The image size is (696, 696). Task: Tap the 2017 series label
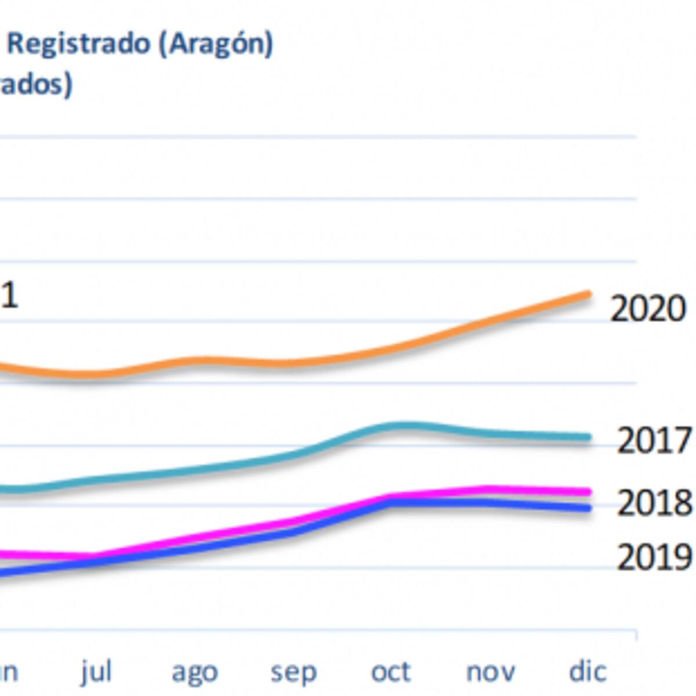[x=654, y=440]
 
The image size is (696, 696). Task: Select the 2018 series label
[x=654, y=503]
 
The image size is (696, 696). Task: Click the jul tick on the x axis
[x=96, y=672]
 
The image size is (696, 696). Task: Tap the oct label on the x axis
[x=391, y=672]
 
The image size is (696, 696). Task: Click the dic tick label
[x=588, y=671]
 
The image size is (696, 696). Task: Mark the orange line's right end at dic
[x=588, y=295]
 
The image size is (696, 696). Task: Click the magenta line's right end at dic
[x=588, y=492]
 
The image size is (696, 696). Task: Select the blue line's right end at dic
[x=588, y=508]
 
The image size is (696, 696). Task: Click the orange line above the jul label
[x=96, y=374]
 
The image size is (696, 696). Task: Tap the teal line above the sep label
[x=293, y=455]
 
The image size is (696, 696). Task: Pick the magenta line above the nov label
[x=490, y=489]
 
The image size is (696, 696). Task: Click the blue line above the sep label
[x=293, y=531]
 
